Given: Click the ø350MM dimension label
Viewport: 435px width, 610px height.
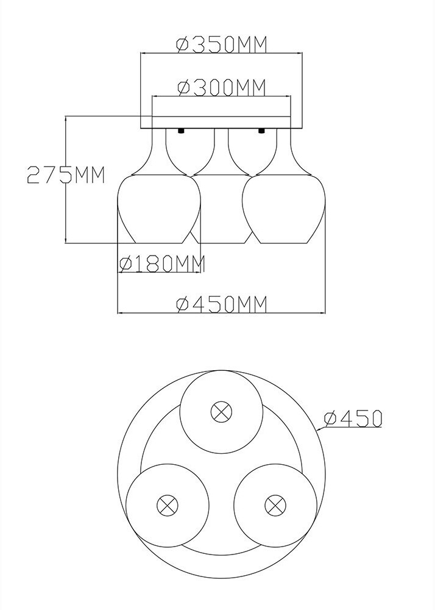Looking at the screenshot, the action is [x=222, y=45].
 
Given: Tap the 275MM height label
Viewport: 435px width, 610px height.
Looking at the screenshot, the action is [x=66, y=174].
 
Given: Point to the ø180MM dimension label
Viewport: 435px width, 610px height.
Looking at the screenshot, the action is [x=161, y=265].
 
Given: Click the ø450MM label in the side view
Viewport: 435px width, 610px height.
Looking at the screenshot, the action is [x=222, y=304].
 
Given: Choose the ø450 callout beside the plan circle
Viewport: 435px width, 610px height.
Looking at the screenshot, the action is [x=353, y=418].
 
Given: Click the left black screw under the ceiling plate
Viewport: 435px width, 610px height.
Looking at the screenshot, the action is [x=180, y=131].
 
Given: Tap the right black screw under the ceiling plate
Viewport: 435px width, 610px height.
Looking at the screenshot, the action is [x=261, y=131].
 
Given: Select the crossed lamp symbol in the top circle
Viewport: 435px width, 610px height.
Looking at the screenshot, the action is [x=222, y=412].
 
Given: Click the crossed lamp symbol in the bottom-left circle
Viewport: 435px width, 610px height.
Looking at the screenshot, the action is [x=168, y=505].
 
